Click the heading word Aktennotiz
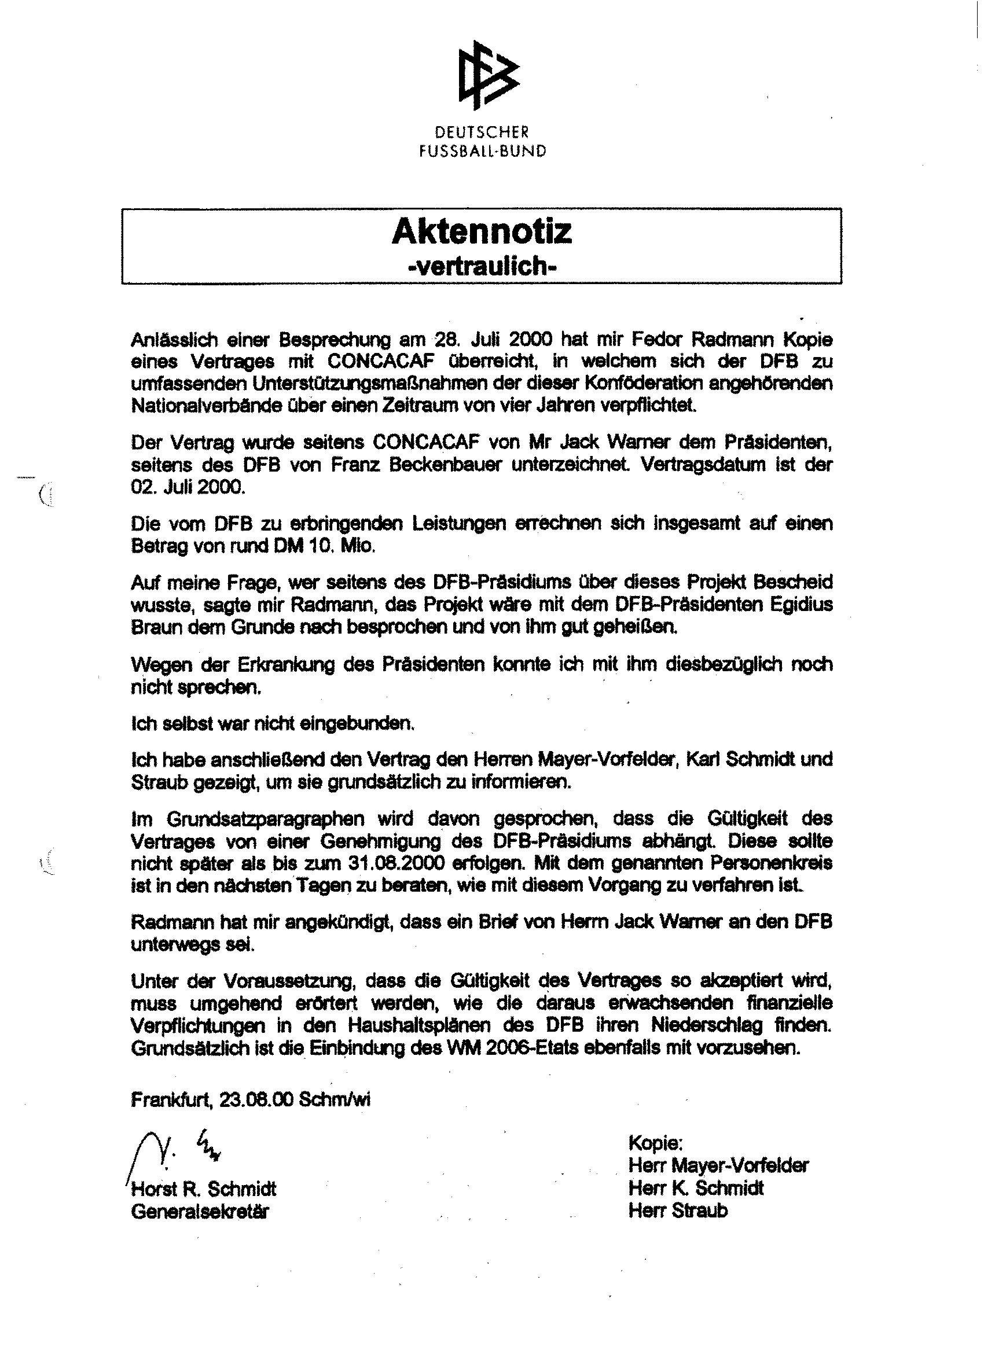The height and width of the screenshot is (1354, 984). (x=482, y=231)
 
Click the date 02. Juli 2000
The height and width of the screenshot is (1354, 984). (x=188, y=487)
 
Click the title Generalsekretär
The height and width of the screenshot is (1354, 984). (x=200, y=1211)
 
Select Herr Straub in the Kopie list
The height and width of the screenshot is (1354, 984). (x=678, y=1210)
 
